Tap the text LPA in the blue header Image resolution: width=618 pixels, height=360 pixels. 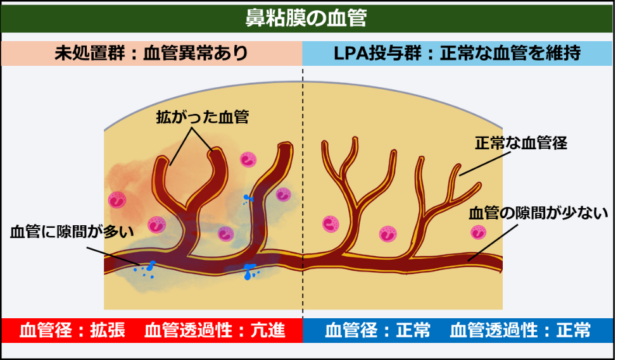tap(350, 53)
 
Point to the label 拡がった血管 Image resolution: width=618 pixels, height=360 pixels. tap(202, 117)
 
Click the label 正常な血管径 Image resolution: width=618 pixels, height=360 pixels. tap(520, 143)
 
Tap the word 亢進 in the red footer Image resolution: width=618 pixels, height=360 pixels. tap(268, 330)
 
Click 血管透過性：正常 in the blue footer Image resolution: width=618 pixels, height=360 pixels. tap(520, 330)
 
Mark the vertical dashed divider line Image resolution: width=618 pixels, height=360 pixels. tap(303, 190)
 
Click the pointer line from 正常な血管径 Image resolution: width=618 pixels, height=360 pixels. tap(482, 164)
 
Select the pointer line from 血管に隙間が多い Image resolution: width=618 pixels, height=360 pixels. tap(114, 255)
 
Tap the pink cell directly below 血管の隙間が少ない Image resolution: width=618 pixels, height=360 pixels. tap(479, 232)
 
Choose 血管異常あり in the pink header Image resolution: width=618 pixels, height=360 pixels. tap(196, 53)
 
